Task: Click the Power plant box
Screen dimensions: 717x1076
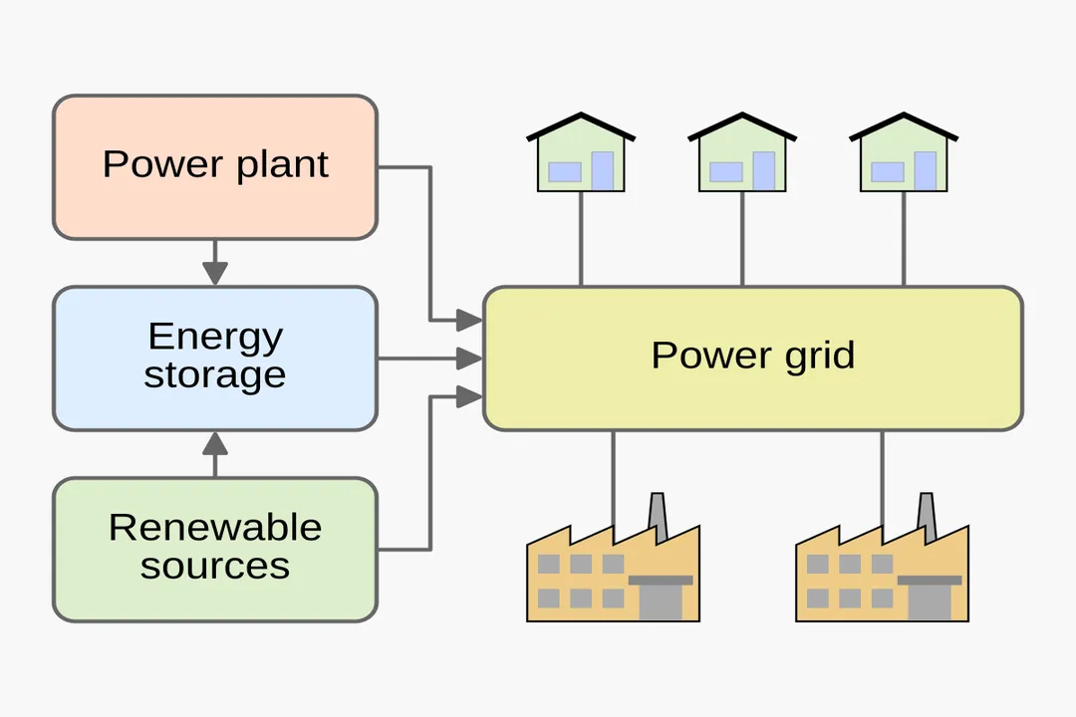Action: [x=214, y=166]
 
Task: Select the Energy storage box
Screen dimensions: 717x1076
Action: [x=214, y=358]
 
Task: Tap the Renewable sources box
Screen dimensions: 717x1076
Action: [x=214, y=549]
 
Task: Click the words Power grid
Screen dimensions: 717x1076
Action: [x=752, y=356]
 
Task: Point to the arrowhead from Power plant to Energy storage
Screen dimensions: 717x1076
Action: [x=215, y=272]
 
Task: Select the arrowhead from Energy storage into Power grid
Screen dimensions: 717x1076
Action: [x=469, y=358]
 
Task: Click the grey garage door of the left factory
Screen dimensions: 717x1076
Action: [x=661, y=601]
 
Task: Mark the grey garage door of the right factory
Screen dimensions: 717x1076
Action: [x=930, y=601]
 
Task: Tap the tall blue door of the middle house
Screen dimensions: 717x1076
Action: [x=763, y=170]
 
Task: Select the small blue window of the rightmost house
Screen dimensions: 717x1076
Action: [x=887, y=172]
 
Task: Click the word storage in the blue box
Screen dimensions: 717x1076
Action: [x=214, y=376]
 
